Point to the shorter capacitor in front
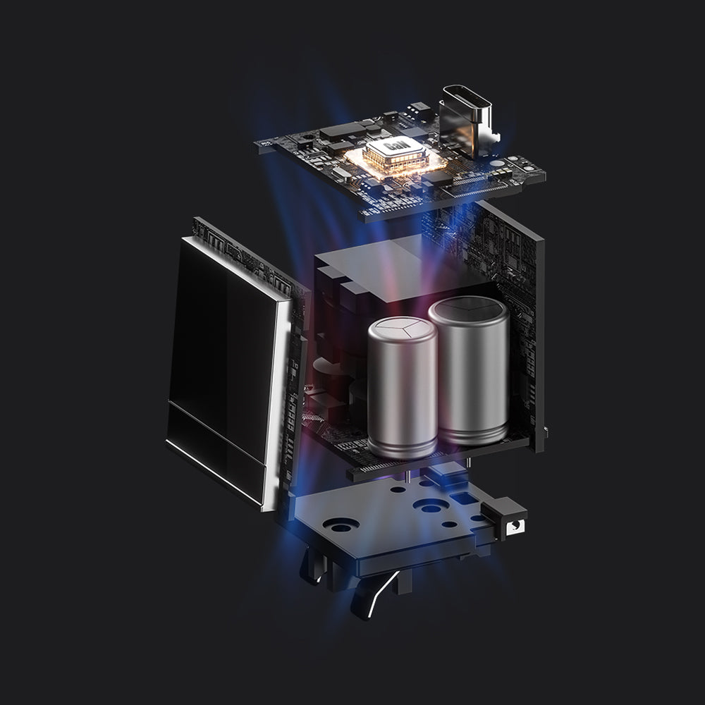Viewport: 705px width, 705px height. pos(403,386)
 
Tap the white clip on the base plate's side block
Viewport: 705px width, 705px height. pos(515,527)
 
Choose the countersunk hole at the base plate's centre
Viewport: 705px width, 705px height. pos(430,505)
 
